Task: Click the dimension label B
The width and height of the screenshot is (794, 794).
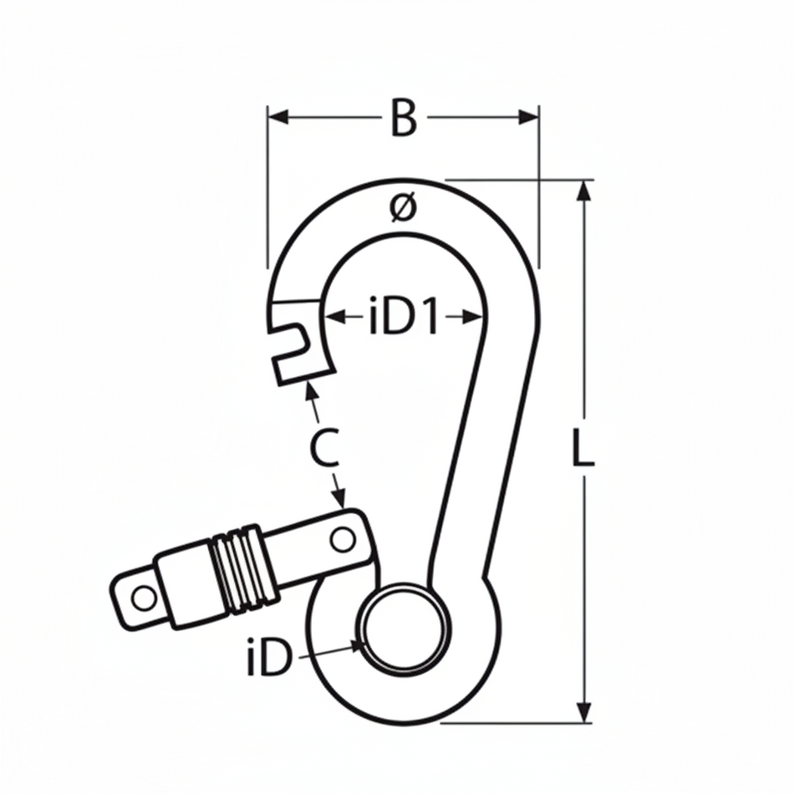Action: (x=403, y=118)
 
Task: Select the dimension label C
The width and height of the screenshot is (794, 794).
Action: (x=323, y=450)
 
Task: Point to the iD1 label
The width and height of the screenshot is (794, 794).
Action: (x=404, y=318)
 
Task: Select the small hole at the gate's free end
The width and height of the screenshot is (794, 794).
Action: (x=144, y=598)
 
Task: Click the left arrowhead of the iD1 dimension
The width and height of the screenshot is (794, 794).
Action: (x=332, y=317)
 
